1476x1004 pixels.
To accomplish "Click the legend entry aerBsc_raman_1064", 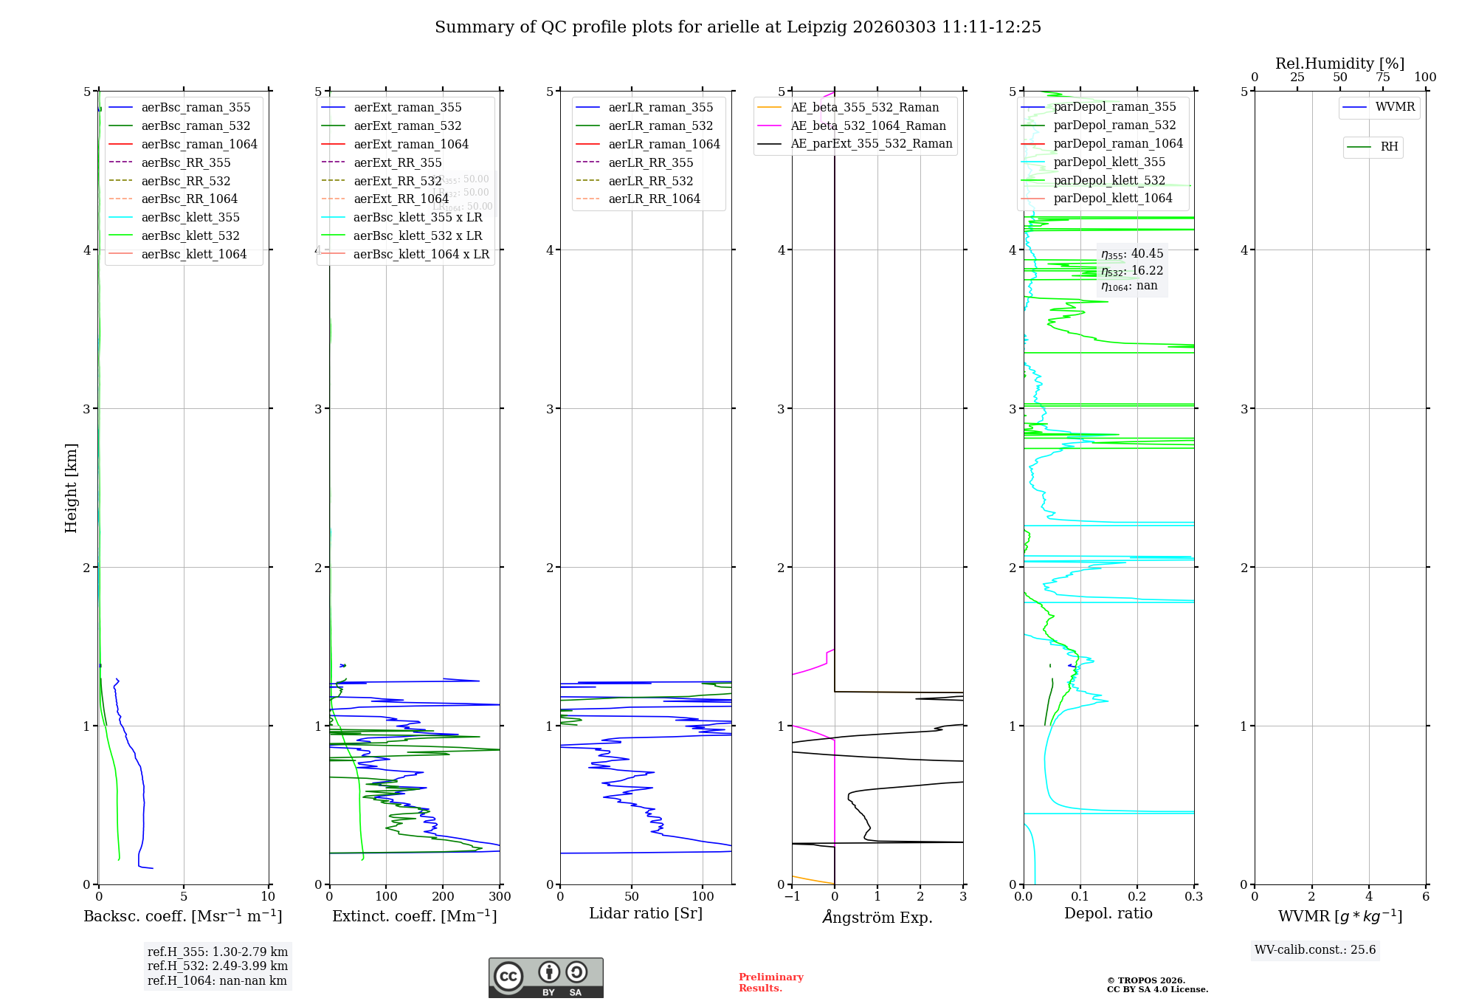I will (199, 144).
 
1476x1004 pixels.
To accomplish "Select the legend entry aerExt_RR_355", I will (397, 162).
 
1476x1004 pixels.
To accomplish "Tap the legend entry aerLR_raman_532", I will (661, 125).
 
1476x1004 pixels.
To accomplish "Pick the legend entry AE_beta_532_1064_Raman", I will (868, 125).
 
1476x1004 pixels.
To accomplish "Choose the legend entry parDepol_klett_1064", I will (1112, 198).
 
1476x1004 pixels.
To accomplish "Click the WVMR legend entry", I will (1395, 107).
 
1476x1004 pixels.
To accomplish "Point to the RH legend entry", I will (1389, 147).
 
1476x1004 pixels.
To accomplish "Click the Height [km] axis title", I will (71, 487).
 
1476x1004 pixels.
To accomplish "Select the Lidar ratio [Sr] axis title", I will (645, 913).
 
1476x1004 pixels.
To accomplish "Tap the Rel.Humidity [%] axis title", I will (1339, 63).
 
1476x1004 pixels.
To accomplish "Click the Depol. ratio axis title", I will (1108, 913).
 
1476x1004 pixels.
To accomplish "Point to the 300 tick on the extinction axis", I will (500, 896).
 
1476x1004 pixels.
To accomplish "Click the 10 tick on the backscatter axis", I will (268, 896).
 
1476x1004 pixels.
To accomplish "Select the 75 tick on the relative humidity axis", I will (1382, 78).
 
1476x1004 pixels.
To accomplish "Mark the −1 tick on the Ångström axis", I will (792, 896).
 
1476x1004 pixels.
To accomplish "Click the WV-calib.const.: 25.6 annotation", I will (1315, 949).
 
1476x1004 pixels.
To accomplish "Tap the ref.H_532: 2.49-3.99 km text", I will (218, 966).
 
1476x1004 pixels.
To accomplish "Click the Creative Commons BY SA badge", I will (545, 977).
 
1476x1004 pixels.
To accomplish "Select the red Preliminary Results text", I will (770, 982).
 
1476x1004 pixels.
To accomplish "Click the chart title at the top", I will (737, 27).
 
